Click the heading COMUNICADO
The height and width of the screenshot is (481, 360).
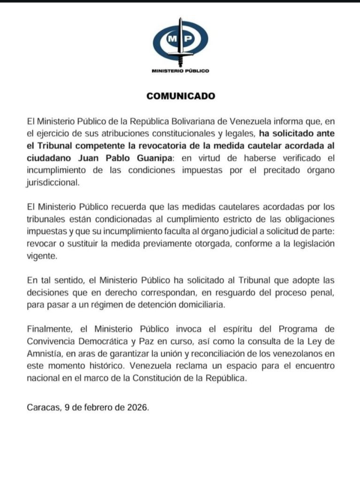tap(181, 96)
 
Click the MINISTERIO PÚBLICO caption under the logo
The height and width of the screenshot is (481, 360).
tap(181, 71)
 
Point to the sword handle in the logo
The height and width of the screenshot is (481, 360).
tap(180, 22)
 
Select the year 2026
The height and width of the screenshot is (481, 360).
tap(137, 408)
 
